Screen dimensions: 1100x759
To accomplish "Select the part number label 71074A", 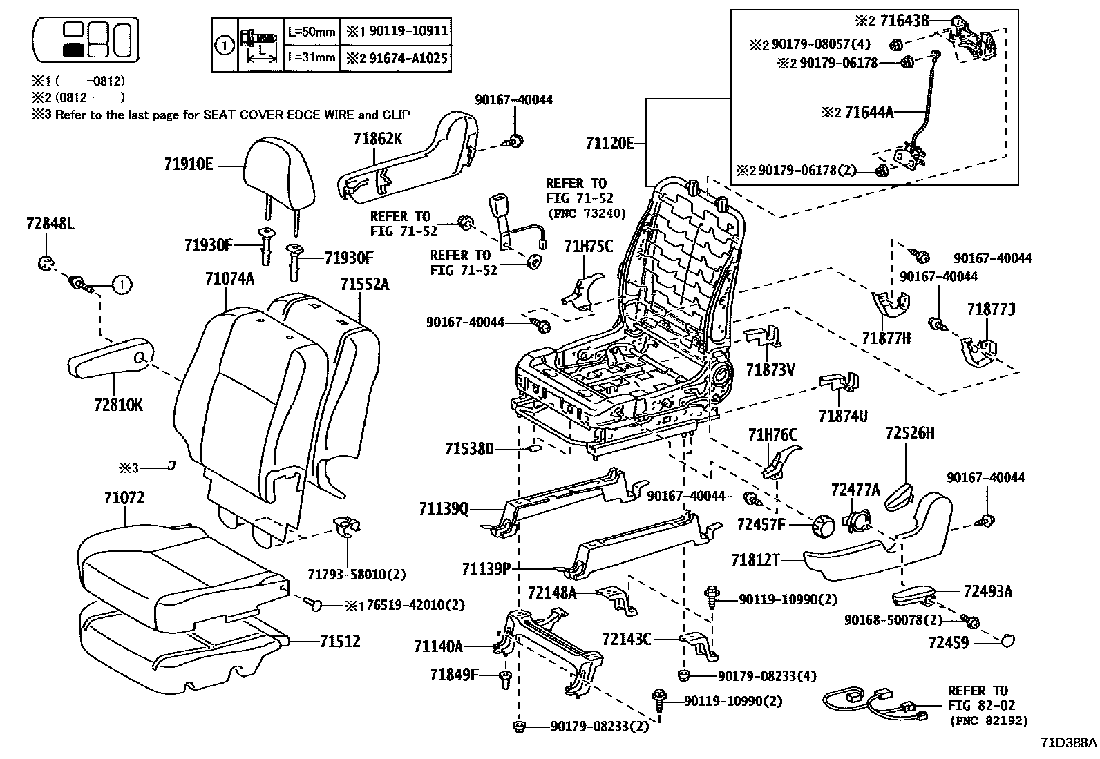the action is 229,278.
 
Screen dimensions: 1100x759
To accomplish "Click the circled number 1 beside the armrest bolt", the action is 122,283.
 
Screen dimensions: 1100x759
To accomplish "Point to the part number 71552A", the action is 364,284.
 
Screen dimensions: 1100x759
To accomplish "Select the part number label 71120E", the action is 609,144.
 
